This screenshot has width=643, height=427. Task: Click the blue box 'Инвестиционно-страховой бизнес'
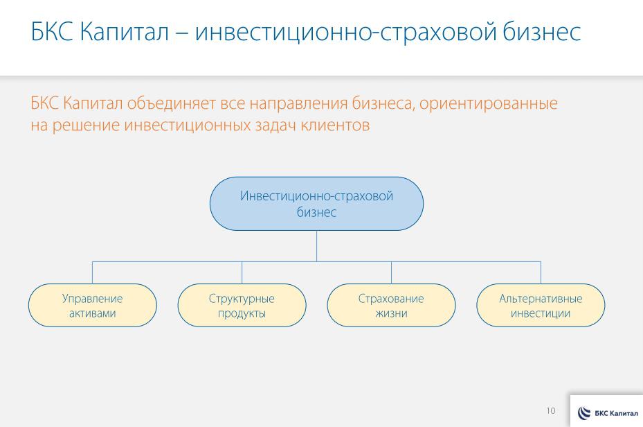click(x=316, y=204)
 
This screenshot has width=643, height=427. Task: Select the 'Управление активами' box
click(x=92, y=306)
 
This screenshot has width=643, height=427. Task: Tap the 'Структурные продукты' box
click(x=242, y=306)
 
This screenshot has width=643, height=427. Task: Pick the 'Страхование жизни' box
click(x=391, y=306)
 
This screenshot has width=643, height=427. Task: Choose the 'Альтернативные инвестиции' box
click(x=541, y=306)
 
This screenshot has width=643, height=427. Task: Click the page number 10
click(x=551, y=411)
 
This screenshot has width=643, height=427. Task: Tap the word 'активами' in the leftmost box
click(x=92, y=313)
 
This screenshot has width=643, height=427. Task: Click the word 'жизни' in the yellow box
click(x=391, y=313)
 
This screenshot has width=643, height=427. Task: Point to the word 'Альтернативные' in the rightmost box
click(x=541, y=299)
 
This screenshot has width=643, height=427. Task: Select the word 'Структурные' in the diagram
click(x=242, y=299)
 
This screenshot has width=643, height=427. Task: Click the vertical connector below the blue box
click(x=316, y=245)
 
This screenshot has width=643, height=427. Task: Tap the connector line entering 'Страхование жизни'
click(x=391, y=272)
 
